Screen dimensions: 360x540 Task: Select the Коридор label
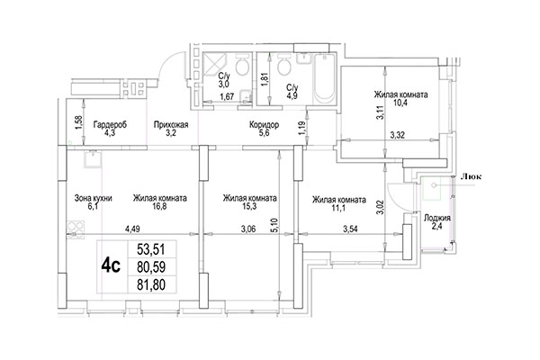pyautogui.click(x=265, y=125)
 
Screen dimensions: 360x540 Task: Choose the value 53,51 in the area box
pyautogui.click(x=151, y=249)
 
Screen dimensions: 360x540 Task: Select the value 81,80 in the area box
pyautogui.click(x=151, y=287)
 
